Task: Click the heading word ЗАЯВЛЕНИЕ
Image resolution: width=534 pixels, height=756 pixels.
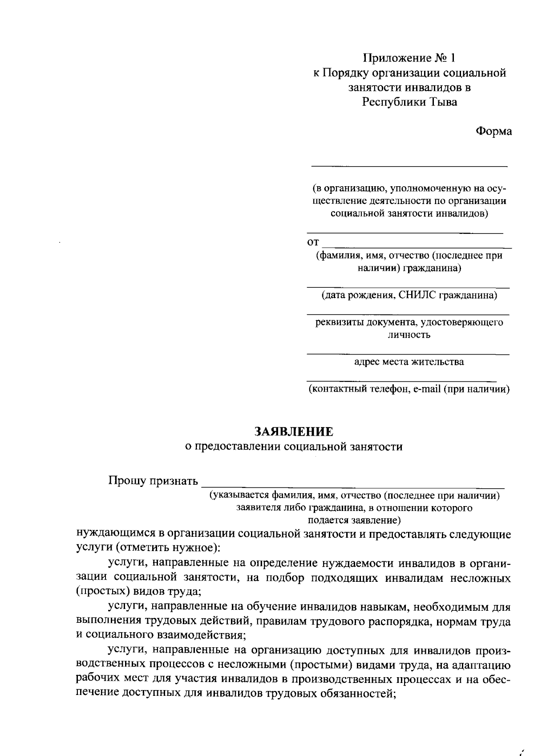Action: point(293,431)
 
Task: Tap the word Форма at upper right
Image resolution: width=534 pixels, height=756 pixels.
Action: point(494,131)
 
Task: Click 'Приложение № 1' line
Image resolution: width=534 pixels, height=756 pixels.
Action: point(409,58)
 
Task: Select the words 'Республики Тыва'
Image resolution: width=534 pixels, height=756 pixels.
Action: point(409,102)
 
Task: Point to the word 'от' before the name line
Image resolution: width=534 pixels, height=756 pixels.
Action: point(313,243)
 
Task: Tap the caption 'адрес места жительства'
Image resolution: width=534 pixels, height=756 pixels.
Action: point(409,362)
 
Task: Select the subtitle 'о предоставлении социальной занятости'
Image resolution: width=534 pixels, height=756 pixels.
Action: point(293,447)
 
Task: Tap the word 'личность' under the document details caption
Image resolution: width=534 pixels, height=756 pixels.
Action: point(409,335)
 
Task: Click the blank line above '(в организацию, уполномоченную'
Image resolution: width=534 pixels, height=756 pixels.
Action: point(409,166)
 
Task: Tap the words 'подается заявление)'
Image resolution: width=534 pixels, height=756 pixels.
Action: point(354,520)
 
